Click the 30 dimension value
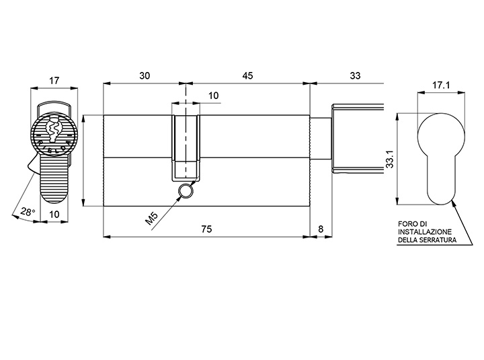point(145,76)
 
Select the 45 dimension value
point(247,76)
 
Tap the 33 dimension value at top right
point(355,76)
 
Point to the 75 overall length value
point(206,229)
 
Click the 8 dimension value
point(321,229)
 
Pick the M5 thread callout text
point(151,219)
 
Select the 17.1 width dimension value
point(441,85)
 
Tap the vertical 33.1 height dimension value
point(390,159)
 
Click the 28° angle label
point(28,212)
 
